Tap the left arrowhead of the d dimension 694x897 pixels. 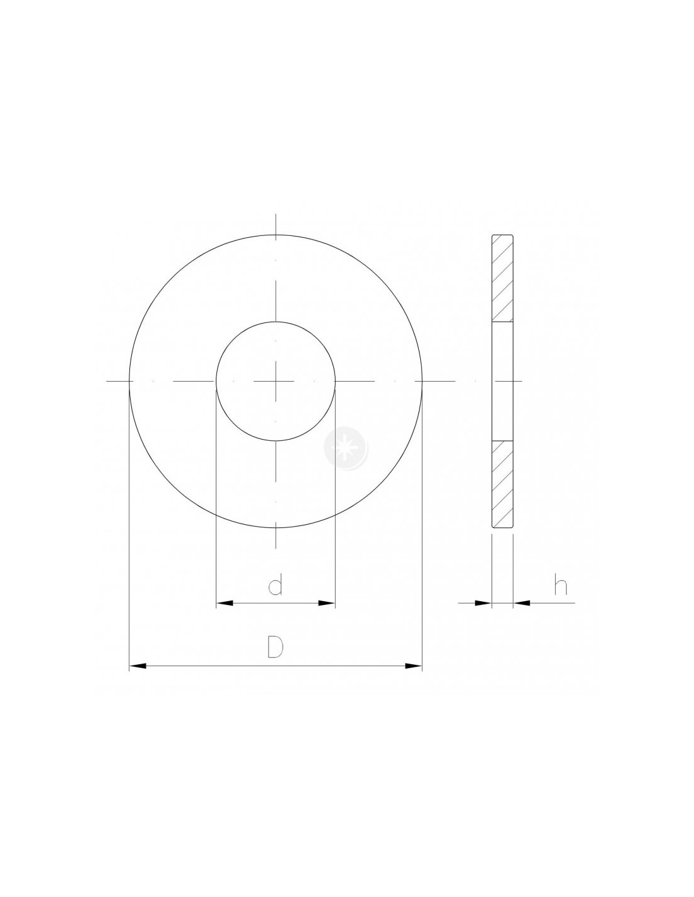225,603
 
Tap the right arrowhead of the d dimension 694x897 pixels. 326,603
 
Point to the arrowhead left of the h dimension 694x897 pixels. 483,603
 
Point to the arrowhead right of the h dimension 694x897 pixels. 521,603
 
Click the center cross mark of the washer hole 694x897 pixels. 276,380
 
